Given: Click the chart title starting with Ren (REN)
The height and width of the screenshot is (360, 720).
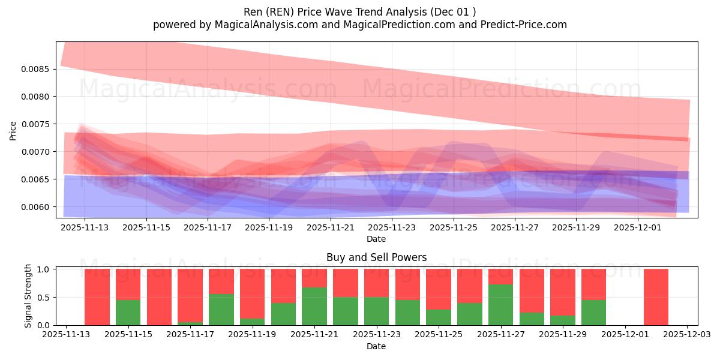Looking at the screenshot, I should [360, 12].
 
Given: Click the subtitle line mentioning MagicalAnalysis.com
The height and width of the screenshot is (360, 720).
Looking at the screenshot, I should [360, 25].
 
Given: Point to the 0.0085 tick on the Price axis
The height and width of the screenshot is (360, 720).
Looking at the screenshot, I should [37, 69].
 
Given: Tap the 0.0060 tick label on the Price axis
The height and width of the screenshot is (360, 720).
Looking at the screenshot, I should [37, 207].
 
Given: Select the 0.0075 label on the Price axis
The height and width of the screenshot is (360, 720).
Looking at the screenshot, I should [37, 124].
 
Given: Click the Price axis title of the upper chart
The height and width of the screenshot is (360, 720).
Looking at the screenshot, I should [13, 130].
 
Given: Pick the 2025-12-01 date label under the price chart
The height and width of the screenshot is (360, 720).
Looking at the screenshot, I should [637, 228].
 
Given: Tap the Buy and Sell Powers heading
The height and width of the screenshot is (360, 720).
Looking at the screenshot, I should [376, 257].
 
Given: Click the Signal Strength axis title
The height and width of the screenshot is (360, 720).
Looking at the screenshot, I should [28, 296].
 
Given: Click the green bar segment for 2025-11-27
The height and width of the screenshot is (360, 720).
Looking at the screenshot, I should [500, 305].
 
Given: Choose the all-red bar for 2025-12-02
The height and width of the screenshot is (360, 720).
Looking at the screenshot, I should [656, 297].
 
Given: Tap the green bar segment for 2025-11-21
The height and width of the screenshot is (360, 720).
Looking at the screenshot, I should [314, 307].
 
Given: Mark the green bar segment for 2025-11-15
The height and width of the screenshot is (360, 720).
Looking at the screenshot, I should [128, 313].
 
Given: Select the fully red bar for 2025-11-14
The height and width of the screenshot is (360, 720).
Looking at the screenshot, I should [97, 297].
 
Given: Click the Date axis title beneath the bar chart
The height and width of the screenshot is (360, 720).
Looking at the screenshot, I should [376, 346].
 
